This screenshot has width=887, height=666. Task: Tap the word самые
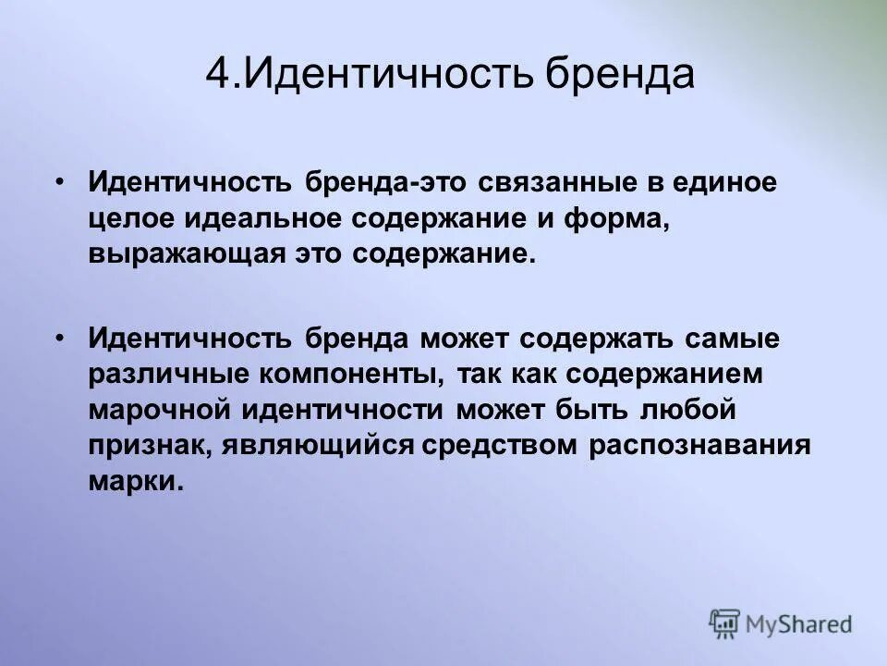(x=732, y=339)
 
